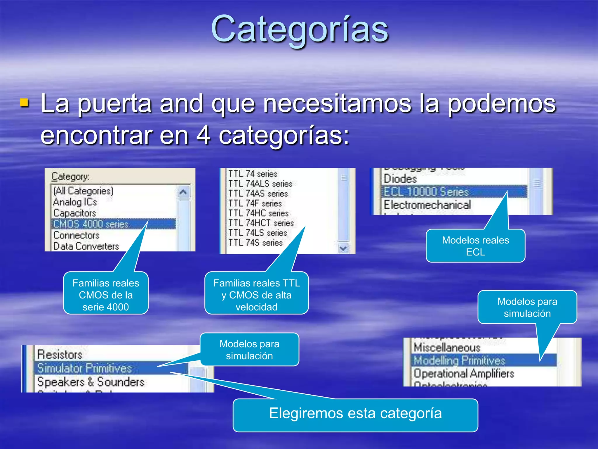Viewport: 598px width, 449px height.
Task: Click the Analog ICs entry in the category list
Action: pos(75,202)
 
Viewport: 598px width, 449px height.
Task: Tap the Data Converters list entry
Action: pos(86,246)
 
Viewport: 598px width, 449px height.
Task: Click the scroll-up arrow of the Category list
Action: pos(183,192)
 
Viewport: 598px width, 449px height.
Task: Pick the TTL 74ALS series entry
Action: pos(260,184)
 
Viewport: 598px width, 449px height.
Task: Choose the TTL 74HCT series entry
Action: pos(261,223)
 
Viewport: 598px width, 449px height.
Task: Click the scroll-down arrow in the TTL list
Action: pos(343,248)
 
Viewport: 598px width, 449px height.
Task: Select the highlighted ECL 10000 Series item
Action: pos(426,192)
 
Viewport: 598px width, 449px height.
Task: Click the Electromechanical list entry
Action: pos(427,205)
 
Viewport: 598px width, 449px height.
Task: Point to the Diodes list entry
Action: pos(400,179)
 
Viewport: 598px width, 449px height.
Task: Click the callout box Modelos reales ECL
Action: pos(475,246)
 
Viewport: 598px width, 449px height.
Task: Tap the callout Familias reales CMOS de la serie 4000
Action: pos(106,295)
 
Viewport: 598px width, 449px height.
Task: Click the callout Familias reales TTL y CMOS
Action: pos(256,295)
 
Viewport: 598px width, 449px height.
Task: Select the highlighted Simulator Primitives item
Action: pos(85,368)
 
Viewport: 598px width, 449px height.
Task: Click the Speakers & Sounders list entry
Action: pos(91,382)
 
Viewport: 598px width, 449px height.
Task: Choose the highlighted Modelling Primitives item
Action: pos(459,360)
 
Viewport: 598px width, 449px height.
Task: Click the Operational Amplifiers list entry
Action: pos(464,374)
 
